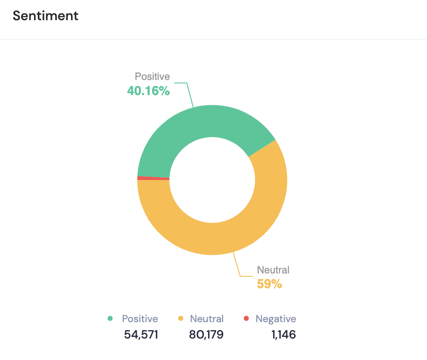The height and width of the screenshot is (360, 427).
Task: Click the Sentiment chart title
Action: [45, 16]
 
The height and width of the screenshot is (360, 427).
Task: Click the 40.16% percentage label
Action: [148, 91]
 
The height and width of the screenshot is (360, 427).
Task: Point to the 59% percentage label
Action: [269, 284]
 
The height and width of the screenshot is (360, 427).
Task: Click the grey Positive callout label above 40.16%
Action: [152, 77]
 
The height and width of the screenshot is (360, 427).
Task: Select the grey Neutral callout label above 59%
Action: [273, 270]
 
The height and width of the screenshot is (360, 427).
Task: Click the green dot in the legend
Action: [111, 318]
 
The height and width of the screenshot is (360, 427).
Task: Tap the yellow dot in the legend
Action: [181, 318]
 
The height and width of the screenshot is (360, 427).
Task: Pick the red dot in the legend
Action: [247, 318]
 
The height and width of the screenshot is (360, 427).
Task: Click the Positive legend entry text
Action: [140, 319]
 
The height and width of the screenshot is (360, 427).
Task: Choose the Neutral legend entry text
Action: [207, 319]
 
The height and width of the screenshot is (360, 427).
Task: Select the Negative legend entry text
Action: [276, 319]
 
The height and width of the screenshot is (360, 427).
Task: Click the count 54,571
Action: [141, 335]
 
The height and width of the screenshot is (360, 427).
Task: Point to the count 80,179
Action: [206, 335]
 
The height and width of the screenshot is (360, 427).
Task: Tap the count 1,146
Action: [283, 335]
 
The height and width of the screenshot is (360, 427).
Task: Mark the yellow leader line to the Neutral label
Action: [237, 265]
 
